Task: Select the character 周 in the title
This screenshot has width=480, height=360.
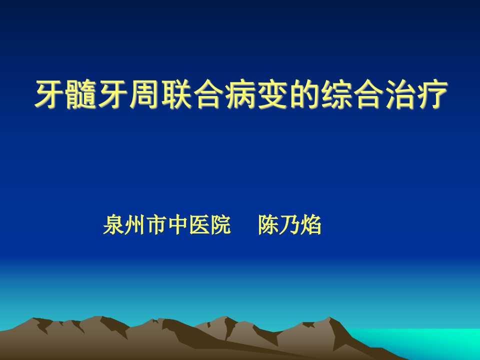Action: click(x=144, y=95)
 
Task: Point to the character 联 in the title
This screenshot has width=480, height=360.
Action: click(x=176, y=95)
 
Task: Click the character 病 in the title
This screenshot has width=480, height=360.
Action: click(x=240, y=95)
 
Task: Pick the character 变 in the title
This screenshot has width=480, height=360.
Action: click(x=271, y=95)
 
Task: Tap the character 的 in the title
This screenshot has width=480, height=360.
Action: click(x=303, y=95)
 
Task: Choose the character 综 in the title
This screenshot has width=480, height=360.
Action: click(x=335, y=95)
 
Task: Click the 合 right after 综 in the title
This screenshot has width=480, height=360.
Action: click(x=367, y=95)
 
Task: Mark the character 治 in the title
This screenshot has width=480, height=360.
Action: click(x=398, y=95)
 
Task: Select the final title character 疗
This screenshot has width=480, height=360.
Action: click(x=430, y=95)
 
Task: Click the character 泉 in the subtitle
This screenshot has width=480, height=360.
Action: click(x=113, y=225)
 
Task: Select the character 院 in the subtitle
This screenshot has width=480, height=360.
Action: click(x=220, y=225)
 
